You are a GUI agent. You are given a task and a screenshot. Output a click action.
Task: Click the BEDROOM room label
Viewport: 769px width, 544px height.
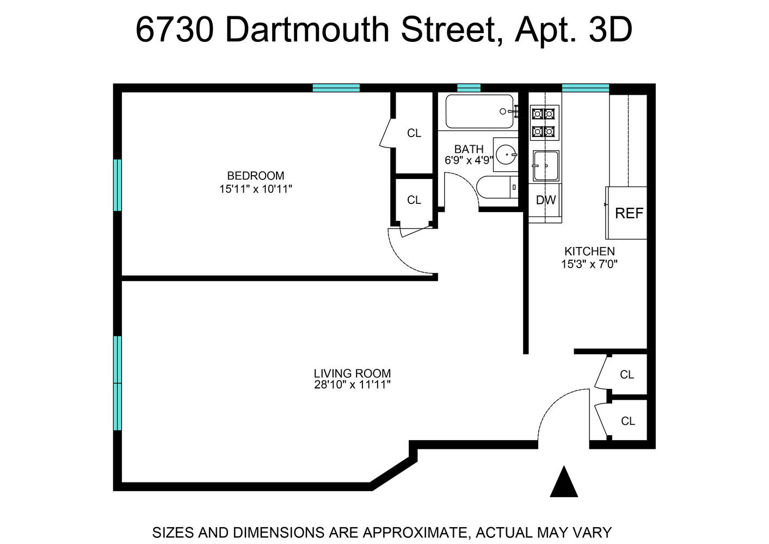tap(255, 176)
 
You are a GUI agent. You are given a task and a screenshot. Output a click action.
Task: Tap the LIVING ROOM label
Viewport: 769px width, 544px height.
tap(352, 373)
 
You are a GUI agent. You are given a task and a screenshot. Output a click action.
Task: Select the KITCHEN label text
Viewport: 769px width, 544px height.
tap(589, 251)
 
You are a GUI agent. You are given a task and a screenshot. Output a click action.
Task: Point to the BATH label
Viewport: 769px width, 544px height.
tap(469, 149)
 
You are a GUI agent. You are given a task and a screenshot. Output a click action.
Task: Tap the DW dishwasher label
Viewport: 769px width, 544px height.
tap(545, 200)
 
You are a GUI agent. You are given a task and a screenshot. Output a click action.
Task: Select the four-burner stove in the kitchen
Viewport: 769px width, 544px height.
tap(544, 122)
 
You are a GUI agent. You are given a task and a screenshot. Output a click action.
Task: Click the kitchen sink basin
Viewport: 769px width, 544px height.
tap(545, 165)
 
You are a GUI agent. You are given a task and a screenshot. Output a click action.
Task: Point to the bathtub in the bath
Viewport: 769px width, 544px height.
tap(479, 112)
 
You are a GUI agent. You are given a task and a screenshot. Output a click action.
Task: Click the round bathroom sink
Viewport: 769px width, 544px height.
tap(507, 154)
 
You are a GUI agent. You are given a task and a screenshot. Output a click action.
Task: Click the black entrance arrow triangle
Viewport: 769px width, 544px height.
tap(564, 483)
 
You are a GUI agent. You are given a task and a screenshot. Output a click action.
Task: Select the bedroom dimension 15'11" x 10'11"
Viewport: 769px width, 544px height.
tap(256, 189)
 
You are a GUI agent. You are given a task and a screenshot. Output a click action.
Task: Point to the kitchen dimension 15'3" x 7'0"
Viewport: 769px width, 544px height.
tap(589, 264)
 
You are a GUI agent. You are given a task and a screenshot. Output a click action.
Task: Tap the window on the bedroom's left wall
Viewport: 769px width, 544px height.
tap(117, 184)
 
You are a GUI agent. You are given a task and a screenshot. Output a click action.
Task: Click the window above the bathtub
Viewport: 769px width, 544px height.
tap(469, 88)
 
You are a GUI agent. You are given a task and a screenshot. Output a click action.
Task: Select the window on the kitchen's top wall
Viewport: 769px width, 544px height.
tap(585, 88)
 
